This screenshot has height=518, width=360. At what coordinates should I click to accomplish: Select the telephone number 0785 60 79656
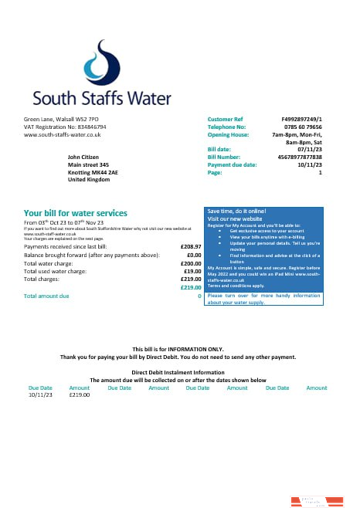[x=301, y=127]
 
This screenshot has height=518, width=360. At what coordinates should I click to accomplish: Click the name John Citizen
[x=85, y=157]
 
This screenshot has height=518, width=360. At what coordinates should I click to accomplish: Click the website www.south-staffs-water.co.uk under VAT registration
[x=63, y=134]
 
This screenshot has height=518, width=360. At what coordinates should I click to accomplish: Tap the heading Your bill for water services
[x=76, y=213]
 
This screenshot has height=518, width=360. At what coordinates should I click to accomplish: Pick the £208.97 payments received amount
[x=190, y=246]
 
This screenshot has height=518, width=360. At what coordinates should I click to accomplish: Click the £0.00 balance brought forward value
[x=194, y=255]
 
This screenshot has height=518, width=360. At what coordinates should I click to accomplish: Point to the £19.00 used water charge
[x=192, y=271]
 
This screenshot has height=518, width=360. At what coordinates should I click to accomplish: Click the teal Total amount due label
[x=46, y=296]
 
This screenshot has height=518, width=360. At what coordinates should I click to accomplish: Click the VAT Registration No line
[x=65, y=127]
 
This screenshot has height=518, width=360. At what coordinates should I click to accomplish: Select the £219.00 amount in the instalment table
[x=80, y=394]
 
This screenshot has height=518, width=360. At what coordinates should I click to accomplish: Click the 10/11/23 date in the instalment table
[x=39, y=394]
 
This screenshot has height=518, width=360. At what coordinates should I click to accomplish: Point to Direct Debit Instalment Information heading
[x=178, y=372]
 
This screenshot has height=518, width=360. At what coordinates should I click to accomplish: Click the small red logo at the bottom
[x=316, y=503]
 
